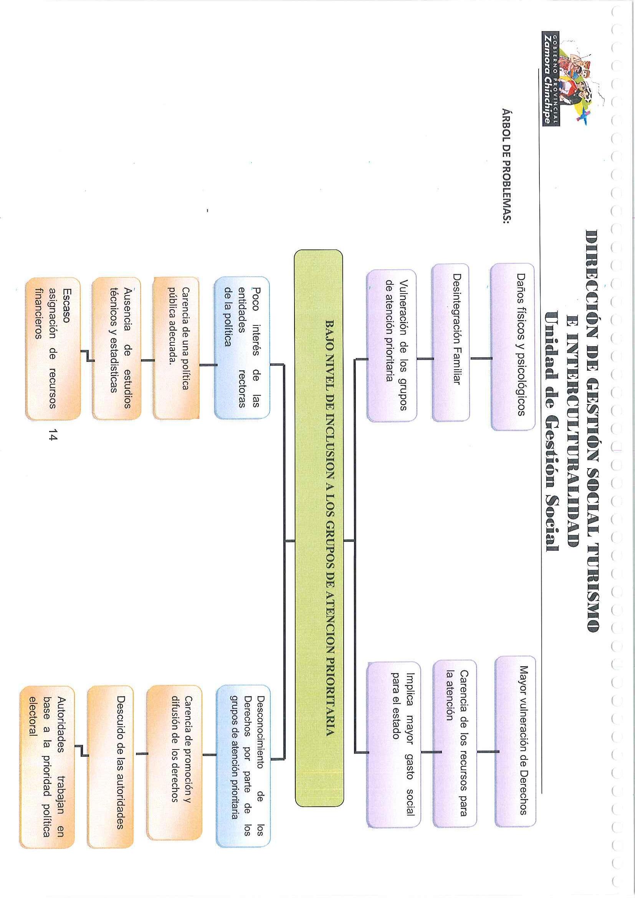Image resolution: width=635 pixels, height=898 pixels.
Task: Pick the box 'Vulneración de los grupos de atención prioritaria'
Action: pyautogui.click(x=391, y=346)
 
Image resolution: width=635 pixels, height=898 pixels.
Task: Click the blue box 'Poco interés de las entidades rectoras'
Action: pyautogui.click(x=242, y=348)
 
